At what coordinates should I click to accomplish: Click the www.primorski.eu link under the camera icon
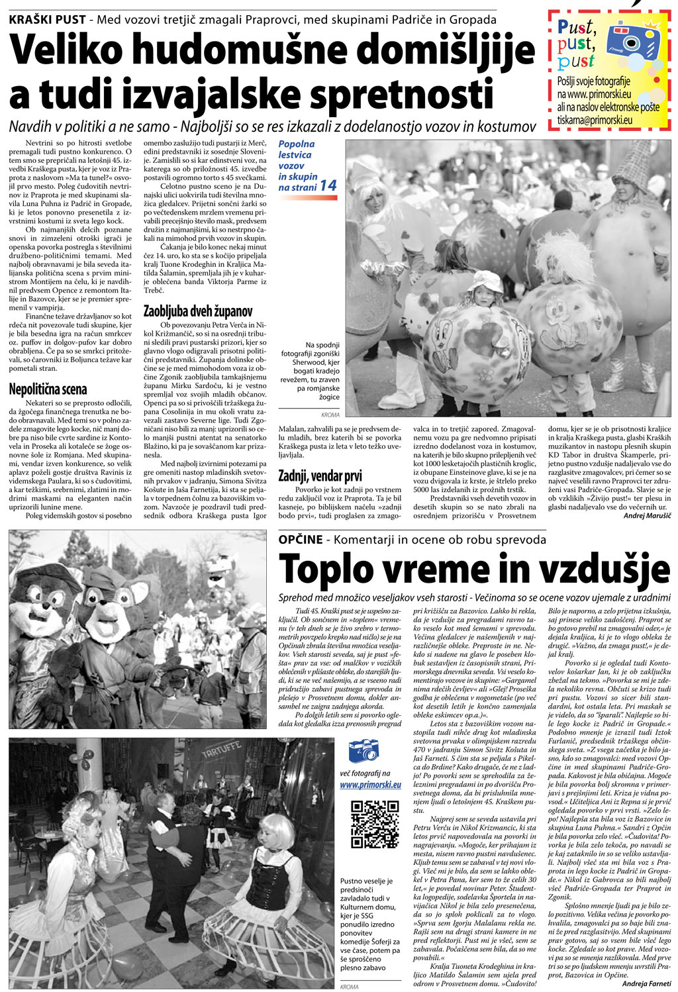pos(370,785)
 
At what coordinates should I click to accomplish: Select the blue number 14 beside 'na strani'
pos(328,186)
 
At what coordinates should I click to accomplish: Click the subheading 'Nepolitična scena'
pos(48,389)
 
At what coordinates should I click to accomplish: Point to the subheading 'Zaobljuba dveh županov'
pos(198,311)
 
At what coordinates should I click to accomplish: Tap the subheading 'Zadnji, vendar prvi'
pos(320,475)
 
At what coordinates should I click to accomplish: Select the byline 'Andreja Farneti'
pos(646,983)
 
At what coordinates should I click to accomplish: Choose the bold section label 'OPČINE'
pos(301,540)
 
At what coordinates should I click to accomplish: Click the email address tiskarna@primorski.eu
pos(595,121)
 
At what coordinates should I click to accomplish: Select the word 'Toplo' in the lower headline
pos(334,568)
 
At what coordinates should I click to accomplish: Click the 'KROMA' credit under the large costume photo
pos(330,415)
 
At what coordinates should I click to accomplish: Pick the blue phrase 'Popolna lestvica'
pos(296,150)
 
